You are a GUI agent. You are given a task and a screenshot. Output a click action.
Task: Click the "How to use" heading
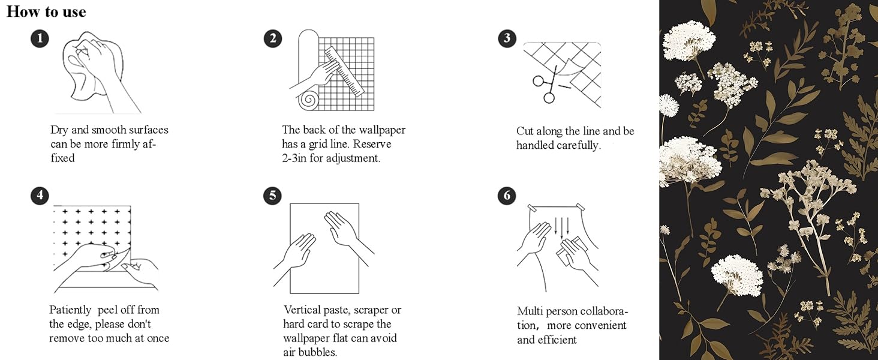click(46, 11)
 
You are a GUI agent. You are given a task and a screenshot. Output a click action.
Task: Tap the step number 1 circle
click(40, 40)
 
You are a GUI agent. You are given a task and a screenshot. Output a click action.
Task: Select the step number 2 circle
click(272, 39)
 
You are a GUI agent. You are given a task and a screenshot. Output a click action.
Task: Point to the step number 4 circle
click(40, 196)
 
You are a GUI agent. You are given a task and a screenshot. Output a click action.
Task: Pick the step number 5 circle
click(272, 196)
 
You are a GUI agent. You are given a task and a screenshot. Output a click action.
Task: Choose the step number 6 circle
click(507, 196)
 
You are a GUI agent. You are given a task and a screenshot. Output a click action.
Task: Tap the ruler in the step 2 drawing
click(345, 72)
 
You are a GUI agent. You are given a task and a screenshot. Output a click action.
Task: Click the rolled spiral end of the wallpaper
click(310, 99)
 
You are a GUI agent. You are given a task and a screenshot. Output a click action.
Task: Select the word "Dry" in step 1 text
click(59, 130)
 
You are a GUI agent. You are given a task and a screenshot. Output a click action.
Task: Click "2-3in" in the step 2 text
click(294, 158)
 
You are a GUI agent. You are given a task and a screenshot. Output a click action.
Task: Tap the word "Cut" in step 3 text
click(525, 131)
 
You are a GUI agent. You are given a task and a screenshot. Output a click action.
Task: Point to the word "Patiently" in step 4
click(70, 310)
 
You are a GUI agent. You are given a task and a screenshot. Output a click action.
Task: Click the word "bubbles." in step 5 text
click(318, 352)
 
